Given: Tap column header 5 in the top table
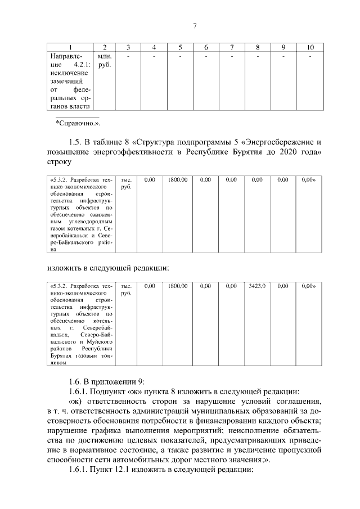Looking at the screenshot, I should click(180, 47).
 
